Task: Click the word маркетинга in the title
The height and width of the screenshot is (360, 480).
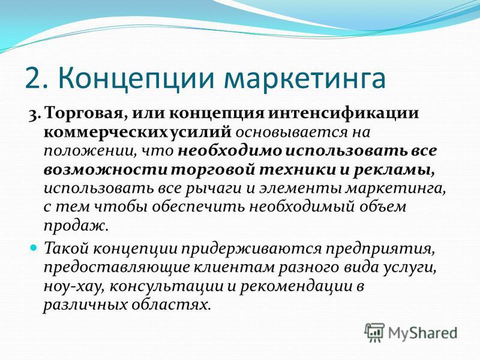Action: click(x=304, y=79)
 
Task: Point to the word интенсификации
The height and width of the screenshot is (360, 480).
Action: click(x=343, y=113)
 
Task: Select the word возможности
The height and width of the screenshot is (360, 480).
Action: click(x=106, y=170)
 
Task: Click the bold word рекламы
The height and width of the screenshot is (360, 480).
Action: click(x=394, y=170)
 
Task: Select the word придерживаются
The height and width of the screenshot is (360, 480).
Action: click(x=251, y=249)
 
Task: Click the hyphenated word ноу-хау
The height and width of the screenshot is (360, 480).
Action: click(x=74, y=287)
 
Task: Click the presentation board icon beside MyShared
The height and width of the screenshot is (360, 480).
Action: click(x=374, y=332)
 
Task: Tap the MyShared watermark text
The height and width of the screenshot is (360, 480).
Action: click(x=422, y=333)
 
